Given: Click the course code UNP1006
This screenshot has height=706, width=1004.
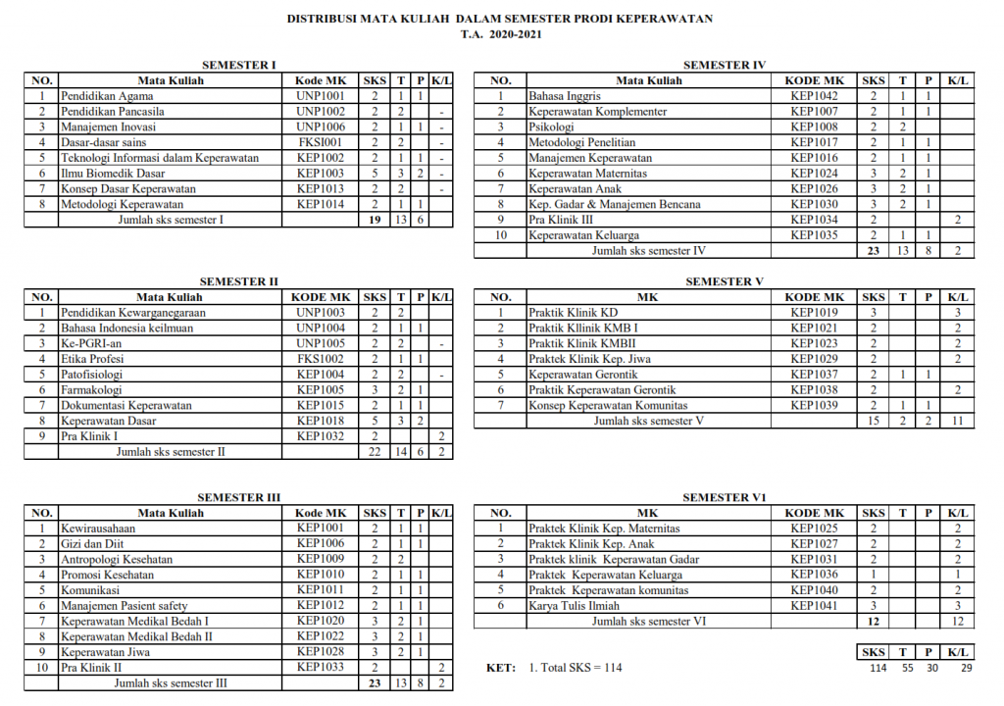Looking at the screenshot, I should pos(320,127).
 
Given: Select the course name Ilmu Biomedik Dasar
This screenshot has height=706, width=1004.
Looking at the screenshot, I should pos(113,174).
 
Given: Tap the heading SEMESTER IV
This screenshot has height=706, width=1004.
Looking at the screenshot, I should pos(725,65).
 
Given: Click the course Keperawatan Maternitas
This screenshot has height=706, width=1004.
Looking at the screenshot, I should pos(587,174).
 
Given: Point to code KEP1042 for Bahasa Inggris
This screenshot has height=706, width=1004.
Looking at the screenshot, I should pos(814,96).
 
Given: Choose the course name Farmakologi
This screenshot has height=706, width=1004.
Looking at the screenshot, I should pos(92,389).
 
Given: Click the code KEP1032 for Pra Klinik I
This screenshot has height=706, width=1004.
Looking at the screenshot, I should pos(320,436).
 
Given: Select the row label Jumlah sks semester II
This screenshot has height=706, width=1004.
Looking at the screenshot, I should pos(171,452).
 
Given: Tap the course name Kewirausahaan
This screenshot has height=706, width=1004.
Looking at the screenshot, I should pos(97,529).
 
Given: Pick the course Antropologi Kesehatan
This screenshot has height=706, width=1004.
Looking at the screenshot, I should pos(117,559).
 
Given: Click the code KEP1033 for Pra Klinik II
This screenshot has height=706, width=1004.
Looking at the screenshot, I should pos(320,668).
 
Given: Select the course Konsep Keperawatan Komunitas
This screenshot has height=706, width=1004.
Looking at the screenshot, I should pos(608,406).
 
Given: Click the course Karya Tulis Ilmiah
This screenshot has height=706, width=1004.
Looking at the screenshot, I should pos(574,606).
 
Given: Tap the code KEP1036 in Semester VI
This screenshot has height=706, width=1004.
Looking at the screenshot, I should pos(814,575).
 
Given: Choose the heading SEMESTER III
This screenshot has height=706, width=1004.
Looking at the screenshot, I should pos(238,497).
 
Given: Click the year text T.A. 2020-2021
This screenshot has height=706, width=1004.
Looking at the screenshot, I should pos(501,34).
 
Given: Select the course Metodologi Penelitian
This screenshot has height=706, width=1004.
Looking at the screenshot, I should pos(581,142).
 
